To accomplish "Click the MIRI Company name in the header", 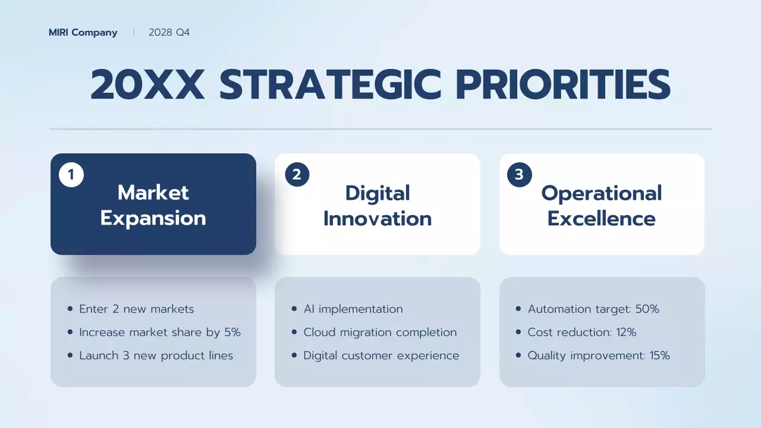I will (83, 33).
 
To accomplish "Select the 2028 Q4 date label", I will (169, 33).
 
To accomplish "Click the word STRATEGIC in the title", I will (330, 84).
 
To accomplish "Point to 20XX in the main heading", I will (147, 84).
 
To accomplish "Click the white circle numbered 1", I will (71, 175).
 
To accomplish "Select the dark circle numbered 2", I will (297, 175).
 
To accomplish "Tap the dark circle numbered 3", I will (519, 175).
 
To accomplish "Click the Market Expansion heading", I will (153, 205).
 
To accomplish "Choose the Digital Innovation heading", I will (378, 206).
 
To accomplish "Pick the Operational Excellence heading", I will (601, 206).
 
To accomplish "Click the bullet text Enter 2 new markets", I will (136, 309).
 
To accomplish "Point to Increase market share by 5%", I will (159, 332).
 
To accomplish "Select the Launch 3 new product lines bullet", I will (156, 355).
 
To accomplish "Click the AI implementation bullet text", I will (353, 309).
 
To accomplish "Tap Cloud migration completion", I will (380, 332).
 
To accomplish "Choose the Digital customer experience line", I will (381, 355).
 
